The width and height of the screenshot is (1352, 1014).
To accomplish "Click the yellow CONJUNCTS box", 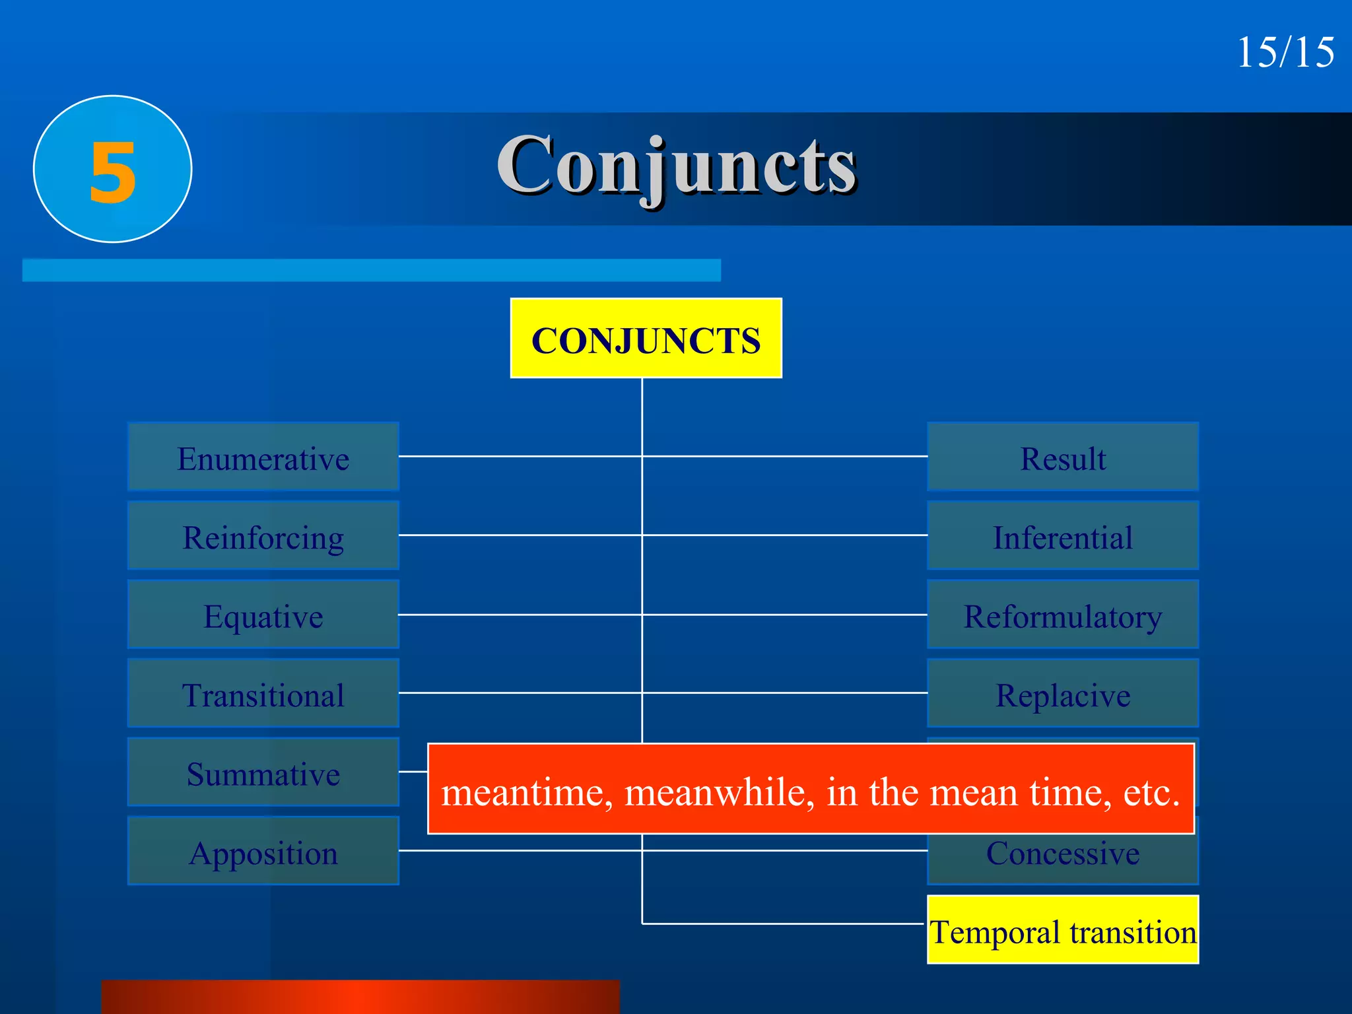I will click(646, 339).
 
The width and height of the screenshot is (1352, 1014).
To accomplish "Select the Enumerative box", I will click(263, 457).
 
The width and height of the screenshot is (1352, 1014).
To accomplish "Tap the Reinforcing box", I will click(263, 535).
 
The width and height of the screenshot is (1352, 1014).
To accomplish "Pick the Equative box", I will click(263, 615).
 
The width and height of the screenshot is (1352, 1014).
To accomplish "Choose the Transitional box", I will click(263, 693).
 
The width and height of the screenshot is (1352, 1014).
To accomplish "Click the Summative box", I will click(263, 772).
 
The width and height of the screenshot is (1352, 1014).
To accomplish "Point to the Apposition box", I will click(263, 851).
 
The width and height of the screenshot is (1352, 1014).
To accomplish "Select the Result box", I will click(1063, 457).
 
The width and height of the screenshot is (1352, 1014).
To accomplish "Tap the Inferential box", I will click(1063, 535).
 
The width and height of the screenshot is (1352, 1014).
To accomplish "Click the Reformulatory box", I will click(1063, 615).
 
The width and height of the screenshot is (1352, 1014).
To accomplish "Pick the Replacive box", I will click(1063, 693).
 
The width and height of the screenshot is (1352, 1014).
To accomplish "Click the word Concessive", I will click(1063, 854).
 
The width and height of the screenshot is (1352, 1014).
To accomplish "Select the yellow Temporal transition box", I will click(1063, 930).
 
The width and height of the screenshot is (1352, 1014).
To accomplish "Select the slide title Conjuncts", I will click(677, 165).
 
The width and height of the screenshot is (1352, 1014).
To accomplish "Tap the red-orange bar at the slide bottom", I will click(360, 997).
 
